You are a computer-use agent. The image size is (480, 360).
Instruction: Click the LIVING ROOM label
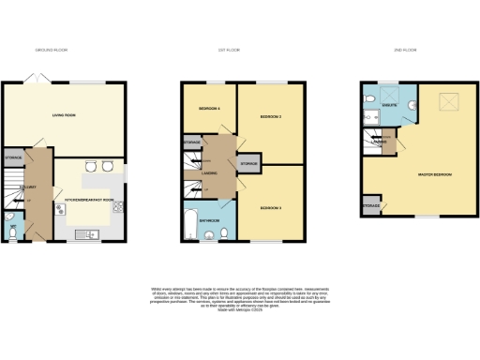pyautogui.click(x=63, y=116)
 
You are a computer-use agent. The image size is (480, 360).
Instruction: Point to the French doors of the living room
pyautogui.click(x=35, y=82)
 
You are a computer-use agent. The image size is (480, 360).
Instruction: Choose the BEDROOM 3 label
pyautogui.click(x=272, y=206)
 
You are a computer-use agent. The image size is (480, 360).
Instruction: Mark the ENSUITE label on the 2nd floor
pyautogui.click(x=389, y=107)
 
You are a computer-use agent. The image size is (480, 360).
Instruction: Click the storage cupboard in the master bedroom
pyautogui.click(x=370, y=204)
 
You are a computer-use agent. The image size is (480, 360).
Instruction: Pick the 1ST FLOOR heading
pyautogui.click(x=230, y=49)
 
